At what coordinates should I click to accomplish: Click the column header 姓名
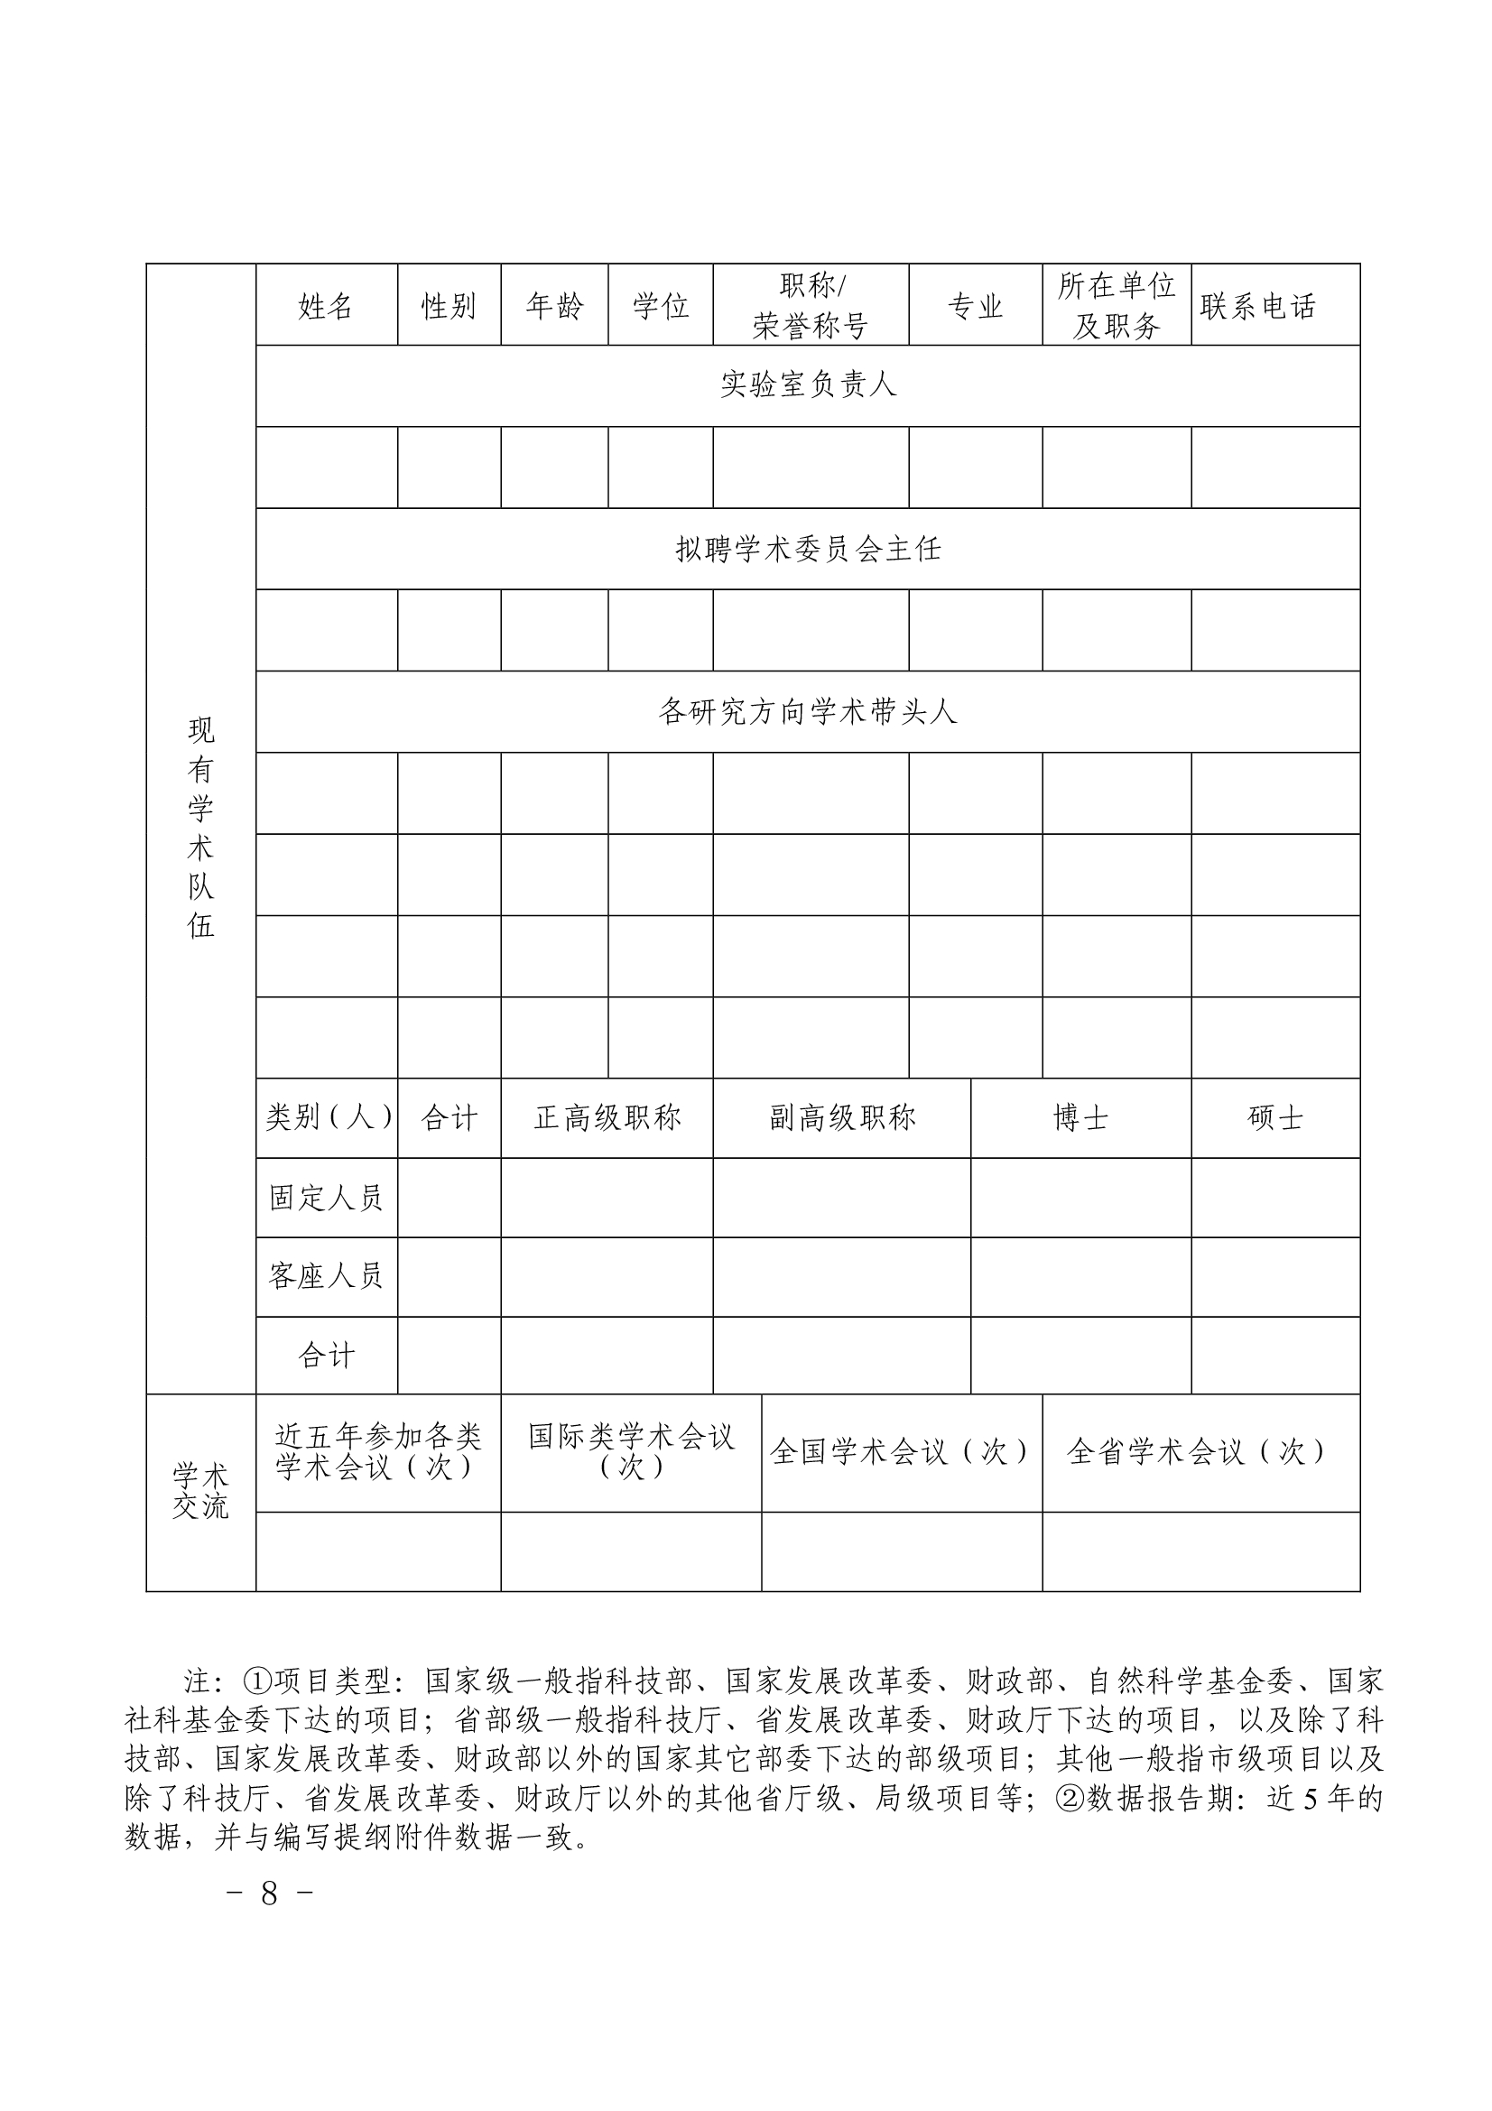326,305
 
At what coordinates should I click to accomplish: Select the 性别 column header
449,305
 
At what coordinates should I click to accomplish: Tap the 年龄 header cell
554,305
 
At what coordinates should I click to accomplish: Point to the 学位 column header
660,305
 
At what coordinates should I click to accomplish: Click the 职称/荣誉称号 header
810,305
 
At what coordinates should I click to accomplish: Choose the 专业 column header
975,305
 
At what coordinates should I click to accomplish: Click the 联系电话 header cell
1257,305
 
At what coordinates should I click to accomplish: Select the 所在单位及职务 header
1116,305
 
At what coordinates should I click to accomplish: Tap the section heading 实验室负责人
808,384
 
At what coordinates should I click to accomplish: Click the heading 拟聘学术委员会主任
808,549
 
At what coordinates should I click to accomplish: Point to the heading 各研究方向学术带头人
808,711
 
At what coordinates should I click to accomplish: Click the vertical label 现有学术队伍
200,828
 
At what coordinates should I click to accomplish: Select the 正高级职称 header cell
607,1117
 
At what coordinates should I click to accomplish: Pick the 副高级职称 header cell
842,1117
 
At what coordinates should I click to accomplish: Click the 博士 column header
1080,1117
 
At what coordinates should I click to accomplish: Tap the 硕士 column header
1275,1117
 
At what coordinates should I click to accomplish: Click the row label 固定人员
326,1197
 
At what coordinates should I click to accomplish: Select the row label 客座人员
326,1276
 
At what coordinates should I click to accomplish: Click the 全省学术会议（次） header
1200,1451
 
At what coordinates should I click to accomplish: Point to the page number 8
269,1893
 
